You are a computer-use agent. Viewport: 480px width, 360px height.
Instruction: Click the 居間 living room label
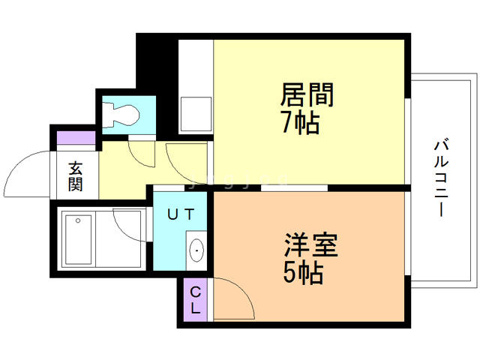point(306,94)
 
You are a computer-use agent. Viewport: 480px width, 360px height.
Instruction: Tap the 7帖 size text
point(300,121)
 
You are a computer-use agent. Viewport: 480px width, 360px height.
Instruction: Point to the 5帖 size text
point(303,273)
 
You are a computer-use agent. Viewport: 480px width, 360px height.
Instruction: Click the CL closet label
point(194,299)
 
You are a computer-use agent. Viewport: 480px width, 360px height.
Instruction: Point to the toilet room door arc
point(141,153)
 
